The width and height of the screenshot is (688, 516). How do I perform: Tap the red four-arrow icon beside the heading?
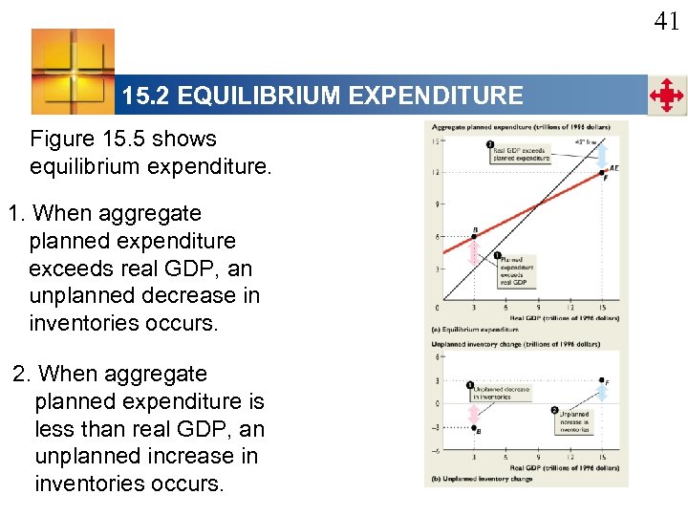[666, 97]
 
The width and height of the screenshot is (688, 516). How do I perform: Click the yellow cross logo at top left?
[73, 71]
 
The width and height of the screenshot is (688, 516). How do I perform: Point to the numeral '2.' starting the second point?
[23, 374]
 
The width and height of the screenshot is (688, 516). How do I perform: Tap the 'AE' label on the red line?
[613, 167]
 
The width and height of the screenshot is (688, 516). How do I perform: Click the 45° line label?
[582, 142]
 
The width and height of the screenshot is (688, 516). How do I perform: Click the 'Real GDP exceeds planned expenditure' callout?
[519, 153]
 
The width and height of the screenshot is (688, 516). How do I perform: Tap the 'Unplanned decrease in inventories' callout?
[502, 393]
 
